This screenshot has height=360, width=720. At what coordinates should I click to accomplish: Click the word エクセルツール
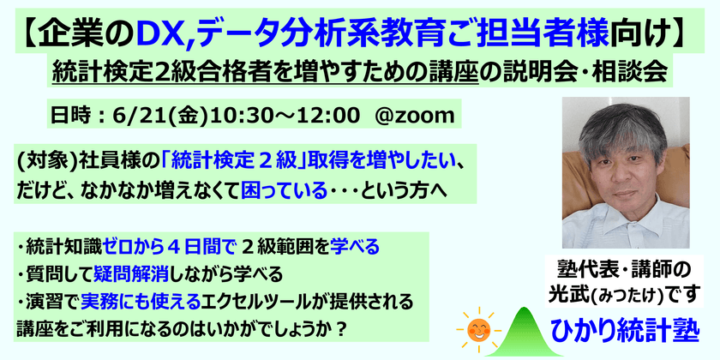click(247, 301)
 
